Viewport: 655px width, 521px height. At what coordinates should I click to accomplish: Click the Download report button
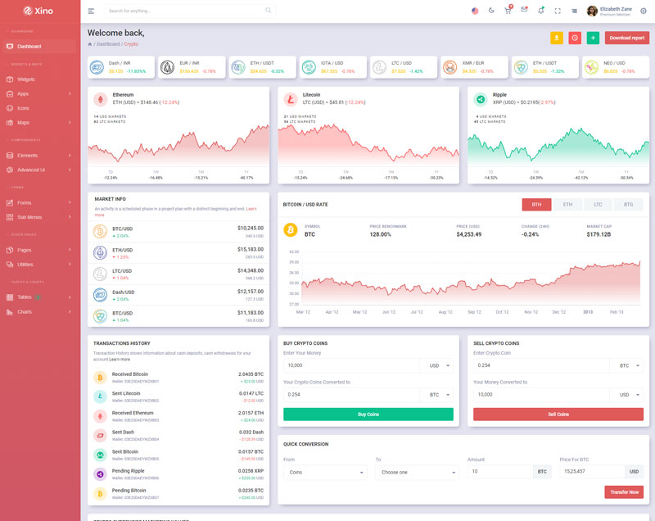tap(626, 38)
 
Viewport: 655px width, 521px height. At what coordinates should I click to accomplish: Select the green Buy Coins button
tap(368, 415)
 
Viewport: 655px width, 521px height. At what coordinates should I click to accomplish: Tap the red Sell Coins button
tap(558, 415)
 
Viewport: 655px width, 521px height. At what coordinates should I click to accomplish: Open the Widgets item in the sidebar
tap(26, 79)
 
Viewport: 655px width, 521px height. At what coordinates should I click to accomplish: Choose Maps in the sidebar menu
tap(23, 123)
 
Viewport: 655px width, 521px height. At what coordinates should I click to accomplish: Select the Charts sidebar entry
tap(25, 312)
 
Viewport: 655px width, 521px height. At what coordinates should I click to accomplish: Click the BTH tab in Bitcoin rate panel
tap(536, 205)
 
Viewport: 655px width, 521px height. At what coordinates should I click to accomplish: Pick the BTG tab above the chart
tap(628, 205)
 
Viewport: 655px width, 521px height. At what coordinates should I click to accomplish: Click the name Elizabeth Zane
tap(616, 9)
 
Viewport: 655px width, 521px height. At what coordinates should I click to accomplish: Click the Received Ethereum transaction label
tap(133, 413)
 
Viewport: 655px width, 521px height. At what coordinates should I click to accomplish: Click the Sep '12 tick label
tap(474, 312)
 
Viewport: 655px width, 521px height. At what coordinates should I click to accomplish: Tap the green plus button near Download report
tap(593, 38)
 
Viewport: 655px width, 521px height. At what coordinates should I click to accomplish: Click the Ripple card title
tap(499, 94)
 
